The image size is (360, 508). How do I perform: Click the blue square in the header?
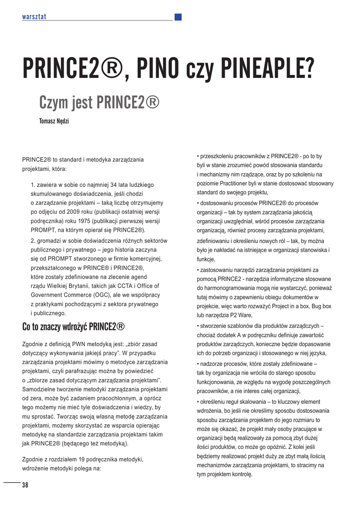178,17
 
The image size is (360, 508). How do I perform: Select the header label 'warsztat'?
34,17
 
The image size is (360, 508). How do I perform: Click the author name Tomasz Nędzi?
54,121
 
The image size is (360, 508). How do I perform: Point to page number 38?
25,485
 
